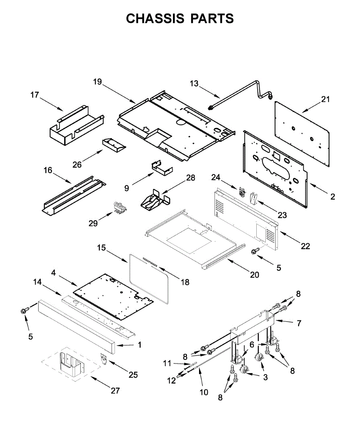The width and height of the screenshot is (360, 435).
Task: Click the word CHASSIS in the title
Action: (155, 18)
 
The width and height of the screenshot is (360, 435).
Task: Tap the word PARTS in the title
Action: (212, 18)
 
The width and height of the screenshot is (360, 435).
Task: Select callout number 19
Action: (97, 82)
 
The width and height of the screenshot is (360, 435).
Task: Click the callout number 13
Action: (194, 83)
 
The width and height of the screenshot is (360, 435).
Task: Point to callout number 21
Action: (326, 99)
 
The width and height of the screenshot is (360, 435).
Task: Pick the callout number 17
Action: (35, 95)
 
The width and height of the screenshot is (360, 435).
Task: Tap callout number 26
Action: (77, 165)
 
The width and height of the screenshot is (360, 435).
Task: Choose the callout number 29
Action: (93, 223)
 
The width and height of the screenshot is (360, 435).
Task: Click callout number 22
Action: (305, 246)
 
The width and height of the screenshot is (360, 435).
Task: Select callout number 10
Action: (204, 392)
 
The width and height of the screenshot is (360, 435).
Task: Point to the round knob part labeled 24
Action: (242, 192)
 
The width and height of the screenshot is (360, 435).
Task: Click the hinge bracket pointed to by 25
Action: (104, 359)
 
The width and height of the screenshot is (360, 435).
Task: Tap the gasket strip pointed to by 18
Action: (150, 261)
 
